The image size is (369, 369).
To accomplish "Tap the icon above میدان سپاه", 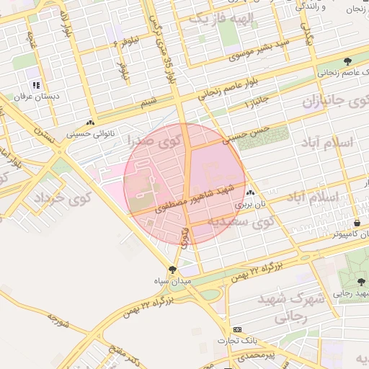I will [172, 270].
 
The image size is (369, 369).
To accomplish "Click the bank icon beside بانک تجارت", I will [239, 329].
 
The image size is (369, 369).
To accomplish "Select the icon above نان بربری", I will [250, 193].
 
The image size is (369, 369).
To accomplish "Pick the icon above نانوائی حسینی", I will [90, 123].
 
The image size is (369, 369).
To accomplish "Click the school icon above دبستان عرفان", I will [36, 85].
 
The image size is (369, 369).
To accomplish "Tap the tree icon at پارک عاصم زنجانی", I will [348, 61].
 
